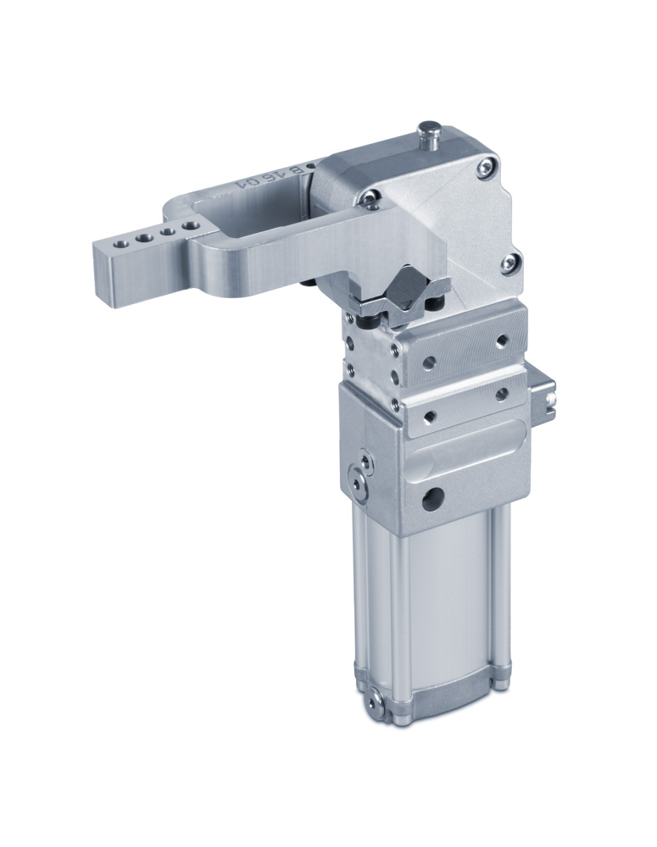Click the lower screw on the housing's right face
[510, 263]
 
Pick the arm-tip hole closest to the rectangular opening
[193, 226]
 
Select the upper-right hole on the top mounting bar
[502, 340]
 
